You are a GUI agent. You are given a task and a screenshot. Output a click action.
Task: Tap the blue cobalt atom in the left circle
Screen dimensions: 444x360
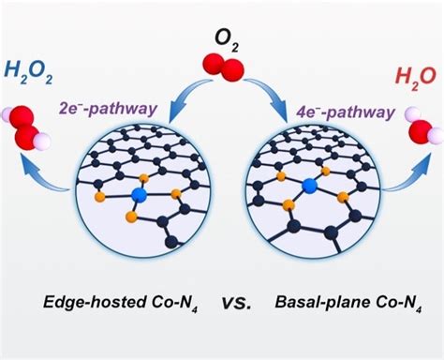141,195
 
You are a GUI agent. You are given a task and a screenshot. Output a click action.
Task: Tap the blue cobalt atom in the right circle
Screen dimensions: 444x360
308,187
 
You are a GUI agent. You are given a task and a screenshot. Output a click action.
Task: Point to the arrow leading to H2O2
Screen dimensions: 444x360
55,179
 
